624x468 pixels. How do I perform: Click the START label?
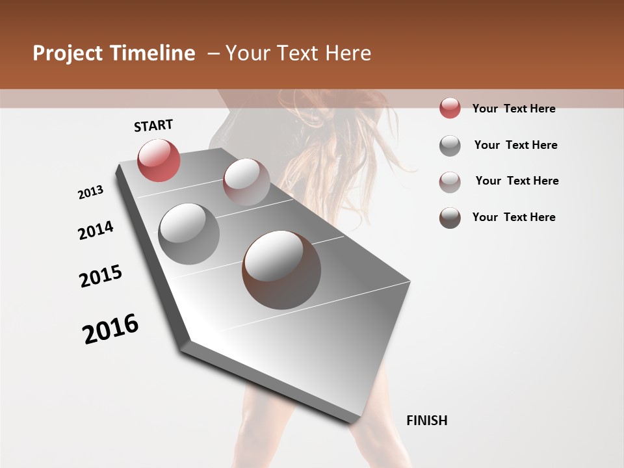(x=153, y=125)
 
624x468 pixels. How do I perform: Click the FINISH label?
(x=427, y=421)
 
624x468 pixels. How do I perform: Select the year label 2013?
(x=91, y=192)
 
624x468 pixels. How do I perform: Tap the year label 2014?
(x=96, y=230)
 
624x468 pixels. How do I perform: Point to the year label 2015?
(x=101, y=276)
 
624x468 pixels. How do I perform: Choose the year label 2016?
(x=110, y=329)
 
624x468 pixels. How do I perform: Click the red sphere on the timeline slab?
(x=159, y=160)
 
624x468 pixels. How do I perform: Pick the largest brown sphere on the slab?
(x=281, y=269)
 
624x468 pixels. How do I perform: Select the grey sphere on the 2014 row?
(x=188, y=233)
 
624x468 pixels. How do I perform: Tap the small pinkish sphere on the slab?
(x=246, y=181)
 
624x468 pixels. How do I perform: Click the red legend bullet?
(x=450, y=109)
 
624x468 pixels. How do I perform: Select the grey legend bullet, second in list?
(x=450, y=146)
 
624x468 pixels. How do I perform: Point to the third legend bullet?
(x=450, y=181)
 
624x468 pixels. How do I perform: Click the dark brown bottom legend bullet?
(x=450, y=218)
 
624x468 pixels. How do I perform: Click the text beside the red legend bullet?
(x=513, y=109)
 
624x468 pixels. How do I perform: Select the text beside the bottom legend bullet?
(x=513, y=217)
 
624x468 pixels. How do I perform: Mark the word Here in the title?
(x=348, y=53)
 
